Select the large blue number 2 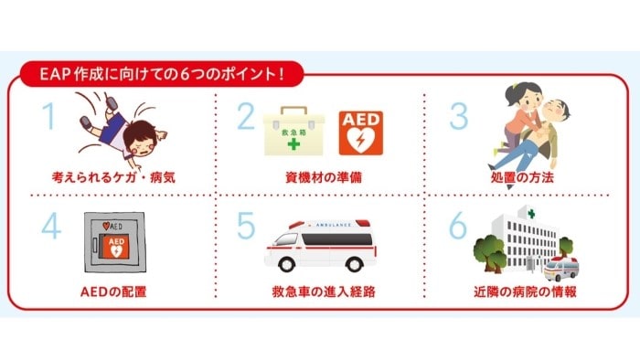(x=245, y=120)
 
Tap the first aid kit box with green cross (x=294, y=133)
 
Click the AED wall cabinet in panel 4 (x=114, y=241)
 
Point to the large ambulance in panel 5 (x=318, y=244)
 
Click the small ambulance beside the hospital (x=560, y=267)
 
